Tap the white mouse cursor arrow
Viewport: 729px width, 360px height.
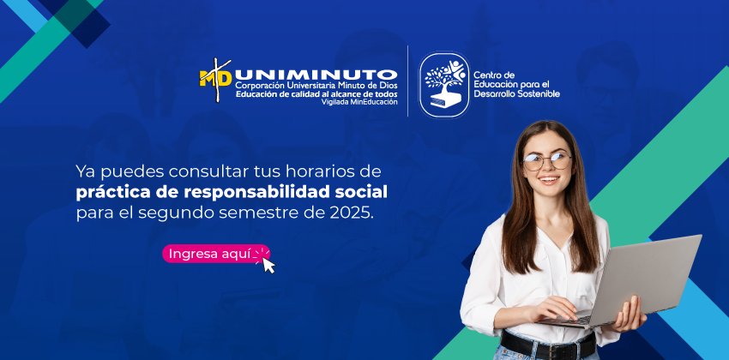pyautogui.click(x=268, y=265)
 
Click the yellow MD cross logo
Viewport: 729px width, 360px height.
pyautogui.click(x=216, y=79)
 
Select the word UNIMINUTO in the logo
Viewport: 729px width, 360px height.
pyautogui.click(x=316, y=75)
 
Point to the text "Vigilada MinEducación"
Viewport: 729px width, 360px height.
pyautogui.click(x=360, y=102)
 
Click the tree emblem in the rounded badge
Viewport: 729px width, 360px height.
pyautogui.click(x=444, y=84)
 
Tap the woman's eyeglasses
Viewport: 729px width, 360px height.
pyautogui.click(x=547, y=161)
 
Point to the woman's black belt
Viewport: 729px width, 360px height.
pyautogui.click(x=548, y=345)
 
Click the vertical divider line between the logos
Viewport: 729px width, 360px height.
pyautogui.click(x=408, y=81)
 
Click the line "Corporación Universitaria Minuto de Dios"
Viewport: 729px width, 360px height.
pyautogui.click(x=316, y=86)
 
